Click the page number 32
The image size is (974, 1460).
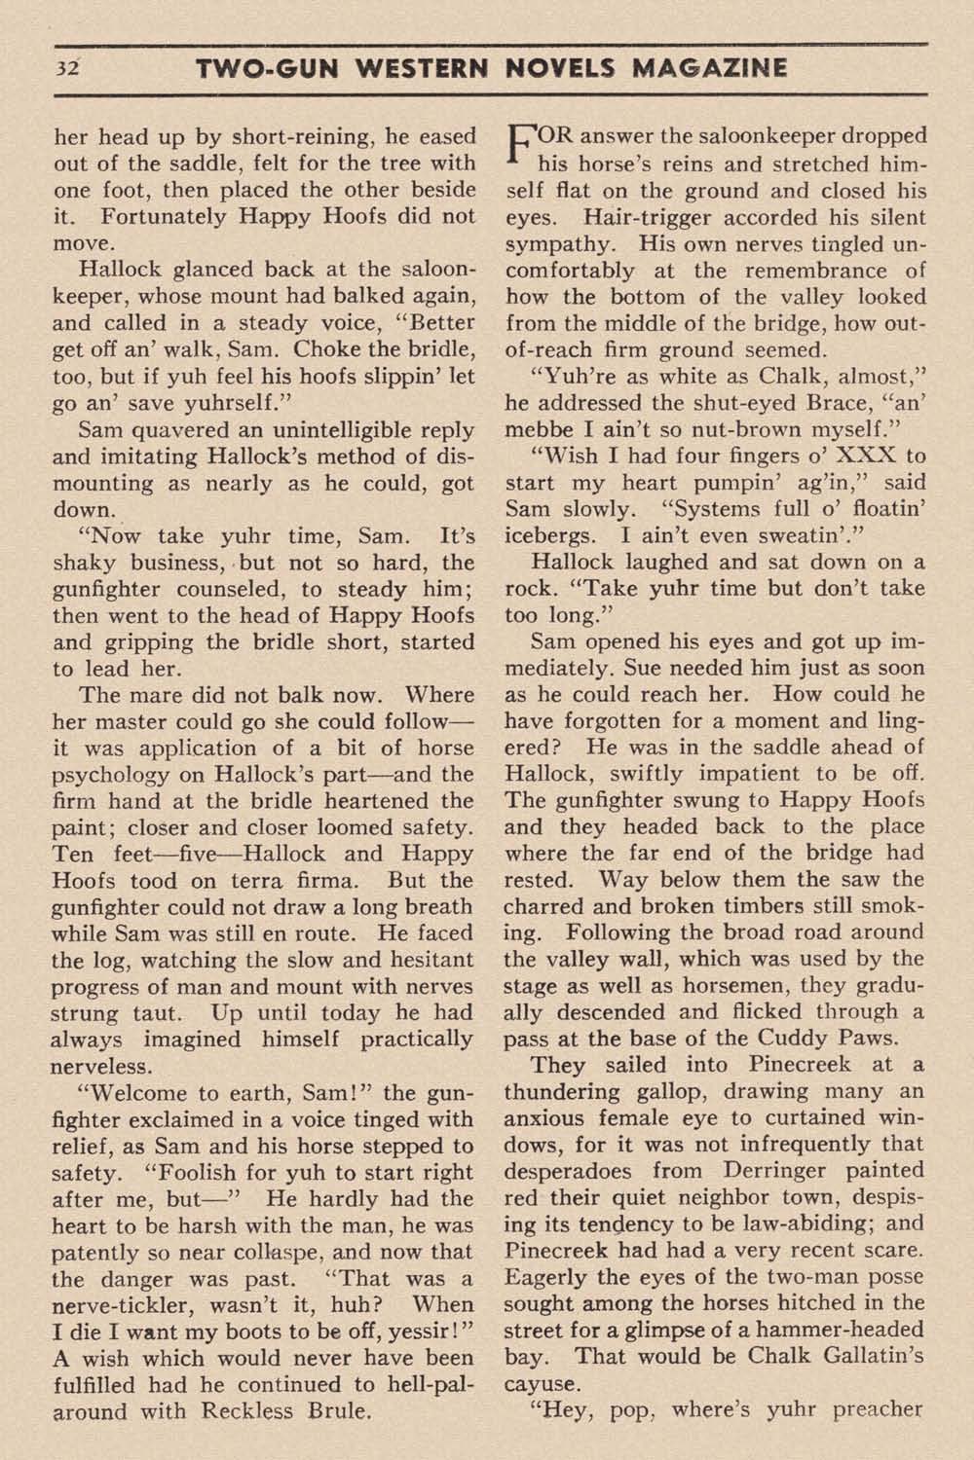click(69, 69)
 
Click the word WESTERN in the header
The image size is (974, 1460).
click(431, 69)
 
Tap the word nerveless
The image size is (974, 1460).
click(101, 1066)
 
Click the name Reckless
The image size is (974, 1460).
click(249, 1410)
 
